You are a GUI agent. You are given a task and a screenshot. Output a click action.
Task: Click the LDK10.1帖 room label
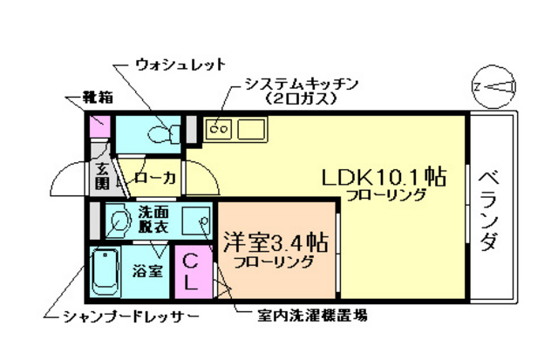point(384,177)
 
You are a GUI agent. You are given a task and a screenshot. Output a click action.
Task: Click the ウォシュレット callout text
point(180,65)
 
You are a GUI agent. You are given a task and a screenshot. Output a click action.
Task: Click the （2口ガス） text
point(301,99)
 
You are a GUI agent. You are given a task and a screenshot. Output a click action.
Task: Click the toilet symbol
point(160,133)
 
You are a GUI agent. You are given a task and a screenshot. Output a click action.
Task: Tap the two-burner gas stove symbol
point(219,131)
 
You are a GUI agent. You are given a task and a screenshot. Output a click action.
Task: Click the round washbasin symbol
point(117,221)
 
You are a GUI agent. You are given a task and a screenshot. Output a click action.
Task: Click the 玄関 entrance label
point(102,176)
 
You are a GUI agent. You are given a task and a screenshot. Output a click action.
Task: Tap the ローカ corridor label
point(155,178)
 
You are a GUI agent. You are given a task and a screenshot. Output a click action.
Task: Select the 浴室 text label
point(147,270)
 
